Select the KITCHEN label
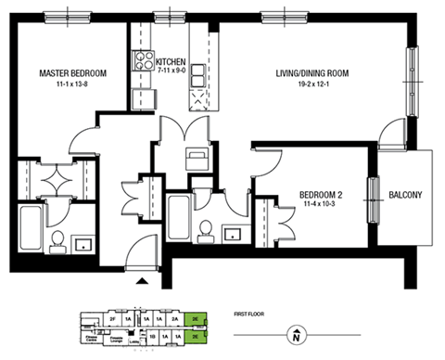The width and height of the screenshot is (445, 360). [x=172, y=62]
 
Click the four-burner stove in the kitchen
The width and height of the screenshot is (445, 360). [x=145, y=62]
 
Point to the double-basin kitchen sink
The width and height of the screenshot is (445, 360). [x=198, y=96]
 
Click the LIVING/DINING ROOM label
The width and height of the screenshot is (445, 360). [x=311, y=73]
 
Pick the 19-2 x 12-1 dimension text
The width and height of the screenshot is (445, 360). [x=311, y=84]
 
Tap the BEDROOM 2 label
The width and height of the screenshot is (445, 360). [x=321, y=195]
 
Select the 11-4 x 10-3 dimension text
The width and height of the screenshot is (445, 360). [x=321, y=206]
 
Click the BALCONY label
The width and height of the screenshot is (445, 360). [x=405, y=195]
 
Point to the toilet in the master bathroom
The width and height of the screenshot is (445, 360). [x=57, y=240]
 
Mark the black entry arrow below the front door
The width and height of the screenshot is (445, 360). [x=142, y=277]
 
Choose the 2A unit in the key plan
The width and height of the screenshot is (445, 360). [x=174, y=317]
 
